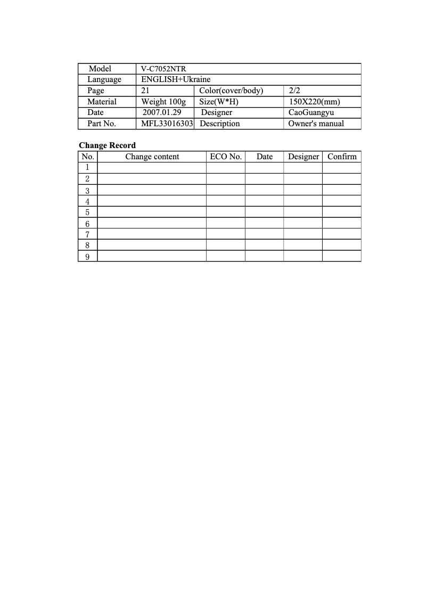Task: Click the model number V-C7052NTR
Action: pos(163,69)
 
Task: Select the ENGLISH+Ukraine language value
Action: pos(176,79)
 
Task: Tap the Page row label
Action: pos(96,91)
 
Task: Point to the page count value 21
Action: pos(145,91)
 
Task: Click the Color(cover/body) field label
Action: pos(231,91)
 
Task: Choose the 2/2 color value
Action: pos(294,91)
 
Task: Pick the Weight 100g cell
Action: pos(163,102)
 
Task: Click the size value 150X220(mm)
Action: pos(314,102)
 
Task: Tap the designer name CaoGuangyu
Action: pos(311,112)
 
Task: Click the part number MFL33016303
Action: pos(167,124)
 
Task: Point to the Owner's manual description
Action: pos(316,124)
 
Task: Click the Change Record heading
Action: pos(107,145)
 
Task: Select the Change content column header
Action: pos(152,157)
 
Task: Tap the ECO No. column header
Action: pos(226,157)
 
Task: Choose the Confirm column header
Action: pos(342,157)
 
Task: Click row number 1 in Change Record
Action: pos(87,168)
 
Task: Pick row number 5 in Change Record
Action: pos(87,213)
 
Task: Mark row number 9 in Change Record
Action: pos(87,257)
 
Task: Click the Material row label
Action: pos(102,102)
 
